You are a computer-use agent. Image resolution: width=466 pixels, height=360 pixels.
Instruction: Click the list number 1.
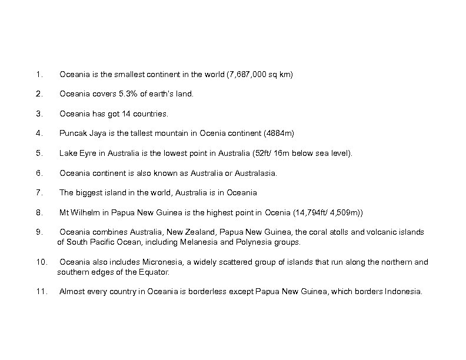[38, 75]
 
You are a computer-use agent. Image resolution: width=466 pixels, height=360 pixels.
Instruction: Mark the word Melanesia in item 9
[211, 242]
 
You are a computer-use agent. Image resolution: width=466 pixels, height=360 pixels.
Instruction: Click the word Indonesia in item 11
[402, 291]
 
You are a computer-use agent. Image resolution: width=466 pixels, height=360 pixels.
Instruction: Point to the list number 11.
[40, 291]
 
